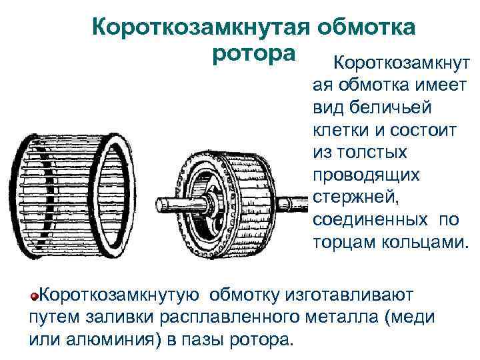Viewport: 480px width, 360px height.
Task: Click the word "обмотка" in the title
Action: tap(368, 28)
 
